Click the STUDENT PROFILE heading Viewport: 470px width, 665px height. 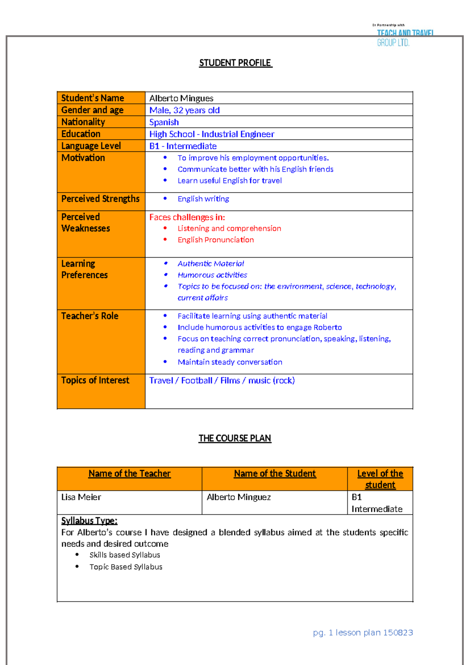tap(235, 63)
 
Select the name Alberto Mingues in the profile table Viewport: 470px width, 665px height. tap(181, 98)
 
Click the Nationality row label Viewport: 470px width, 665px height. tap(83, 122)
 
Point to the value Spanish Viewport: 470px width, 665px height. tap(164, 122)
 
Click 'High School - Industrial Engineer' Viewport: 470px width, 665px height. tap(211, 134)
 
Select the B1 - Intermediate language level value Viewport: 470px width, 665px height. tap(183, 146)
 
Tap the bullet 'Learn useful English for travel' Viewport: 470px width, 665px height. tap(230, 181)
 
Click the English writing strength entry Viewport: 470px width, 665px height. tap(203, 199)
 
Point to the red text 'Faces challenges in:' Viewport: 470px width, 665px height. tap(187, 217)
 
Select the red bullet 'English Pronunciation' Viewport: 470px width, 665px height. tap(215, 240)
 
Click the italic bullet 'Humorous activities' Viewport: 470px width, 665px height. tap(212, 275)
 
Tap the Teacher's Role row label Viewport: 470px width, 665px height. tap(90, 316)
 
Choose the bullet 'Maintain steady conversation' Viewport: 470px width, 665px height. tap(230, 362)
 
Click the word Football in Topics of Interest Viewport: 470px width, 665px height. tap(197, 381)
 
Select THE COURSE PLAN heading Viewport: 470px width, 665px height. tap(235, 438)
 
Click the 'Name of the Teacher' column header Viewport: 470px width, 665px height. tap(130, 474)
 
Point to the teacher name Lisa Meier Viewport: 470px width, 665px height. tap(81, 497)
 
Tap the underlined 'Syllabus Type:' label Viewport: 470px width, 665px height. tap(89, 521)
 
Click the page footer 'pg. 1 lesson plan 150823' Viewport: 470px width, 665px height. tap(363, 632)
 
